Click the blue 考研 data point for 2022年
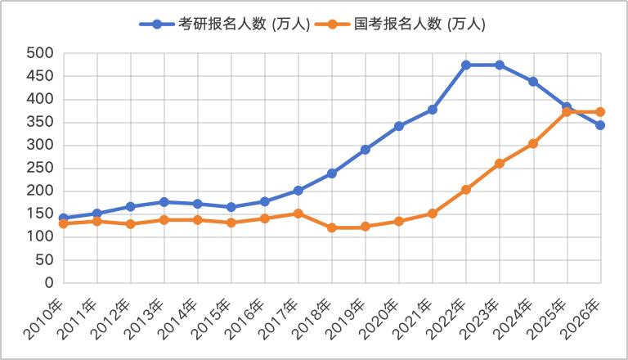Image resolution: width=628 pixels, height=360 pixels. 466,65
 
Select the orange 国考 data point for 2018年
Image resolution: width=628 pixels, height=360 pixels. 332,227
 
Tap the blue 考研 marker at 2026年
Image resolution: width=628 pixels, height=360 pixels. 600,125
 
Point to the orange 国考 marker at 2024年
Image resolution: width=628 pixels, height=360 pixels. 533,143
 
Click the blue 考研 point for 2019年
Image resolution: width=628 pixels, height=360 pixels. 366,150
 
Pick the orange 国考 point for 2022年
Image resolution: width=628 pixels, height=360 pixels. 466,190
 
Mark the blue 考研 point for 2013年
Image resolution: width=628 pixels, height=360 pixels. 164,202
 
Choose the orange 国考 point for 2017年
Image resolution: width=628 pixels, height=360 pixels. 298,214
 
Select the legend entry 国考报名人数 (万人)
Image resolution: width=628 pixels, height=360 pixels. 408,24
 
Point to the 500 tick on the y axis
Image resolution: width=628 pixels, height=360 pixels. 40,53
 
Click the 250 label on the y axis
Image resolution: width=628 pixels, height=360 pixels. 40,169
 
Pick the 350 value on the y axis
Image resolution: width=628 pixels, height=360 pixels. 40,122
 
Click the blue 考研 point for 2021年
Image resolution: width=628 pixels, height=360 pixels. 433,109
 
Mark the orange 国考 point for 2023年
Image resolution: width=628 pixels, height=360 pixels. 500,164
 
